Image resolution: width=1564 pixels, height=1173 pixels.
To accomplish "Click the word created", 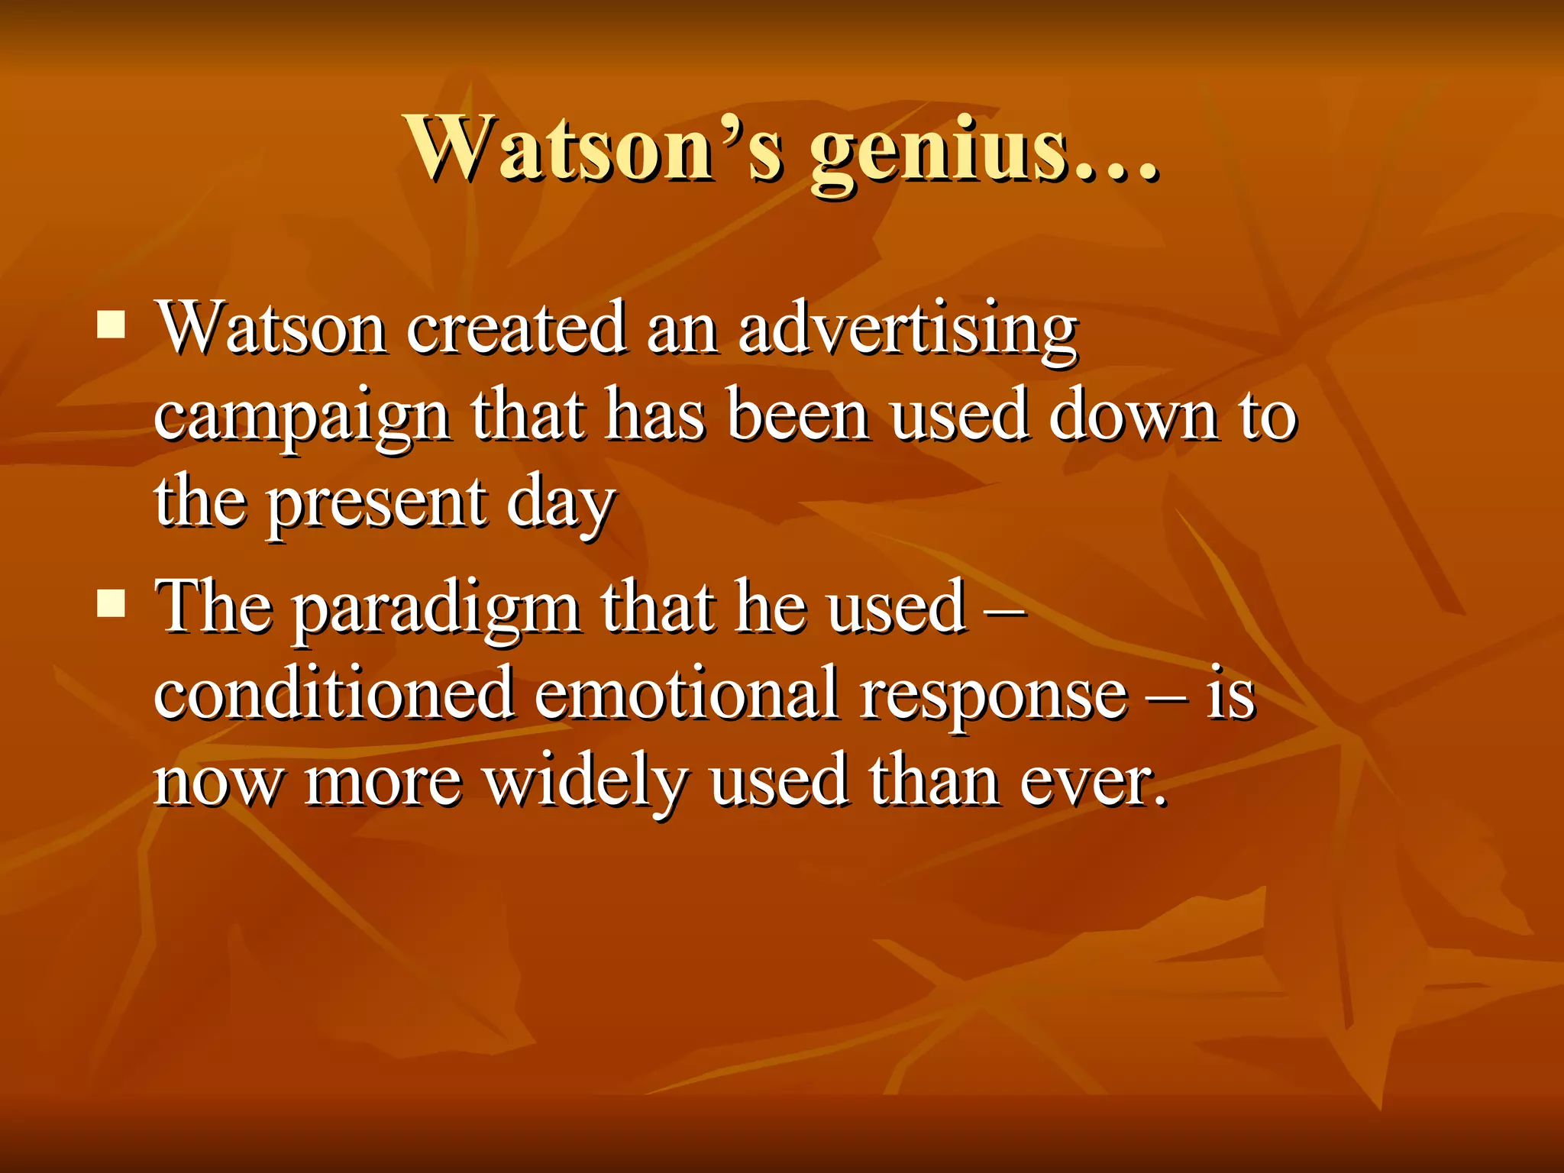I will click(515, 329).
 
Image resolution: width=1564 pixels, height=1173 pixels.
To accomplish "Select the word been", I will click(797, 416).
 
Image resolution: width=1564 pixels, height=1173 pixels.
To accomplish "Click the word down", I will click(1133, 416).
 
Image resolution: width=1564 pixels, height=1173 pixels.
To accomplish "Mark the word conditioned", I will click(334, 693).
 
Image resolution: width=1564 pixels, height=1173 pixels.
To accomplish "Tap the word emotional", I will click(686, 693).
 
